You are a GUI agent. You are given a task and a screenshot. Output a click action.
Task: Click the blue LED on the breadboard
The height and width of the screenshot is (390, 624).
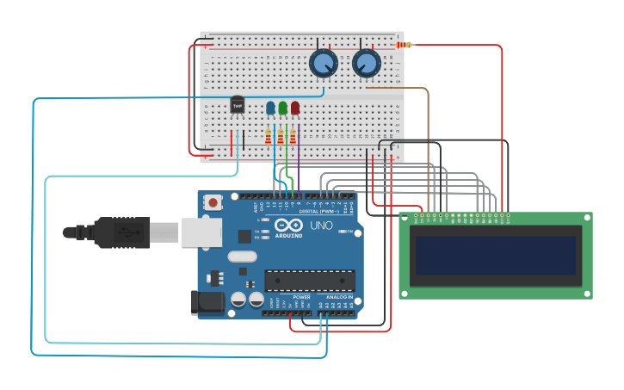[270, 108]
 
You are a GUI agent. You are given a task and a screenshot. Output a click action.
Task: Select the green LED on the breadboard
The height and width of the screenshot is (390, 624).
[282, 108]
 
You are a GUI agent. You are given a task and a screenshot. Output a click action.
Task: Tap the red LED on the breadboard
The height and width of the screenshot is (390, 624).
[295, 108]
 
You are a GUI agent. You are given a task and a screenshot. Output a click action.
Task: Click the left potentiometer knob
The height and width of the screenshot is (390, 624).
[323, 63]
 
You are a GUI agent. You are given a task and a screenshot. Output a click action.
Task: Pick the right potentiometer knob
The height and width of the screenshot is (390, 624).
[366, 63]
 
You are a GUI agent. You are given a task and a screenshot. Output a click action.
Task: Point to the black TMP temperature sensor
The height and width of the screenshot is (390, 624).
[238, 105]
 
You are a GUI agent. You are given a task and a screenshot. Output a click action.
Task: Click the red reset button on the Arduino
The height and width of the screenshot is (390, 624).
[213, 203]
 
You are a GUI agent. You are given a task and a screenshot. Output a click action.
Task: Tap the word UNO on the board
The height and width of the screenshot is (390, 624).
[321, 226]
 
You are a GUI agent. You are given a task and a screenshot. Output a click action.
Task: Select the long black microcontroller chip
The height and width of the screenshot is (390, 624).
[310, 281]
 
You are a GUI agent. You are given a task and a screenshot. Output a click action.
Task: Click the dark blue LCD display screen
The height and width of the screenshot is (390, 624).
[495, 256]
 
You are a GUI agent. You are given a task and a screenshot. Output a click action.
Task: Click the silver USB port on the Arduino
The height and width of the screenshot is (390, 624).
[201, 232]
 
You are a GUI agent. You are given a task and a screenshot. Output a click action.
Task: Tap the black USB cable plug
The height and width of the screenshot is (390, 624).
[120, 232]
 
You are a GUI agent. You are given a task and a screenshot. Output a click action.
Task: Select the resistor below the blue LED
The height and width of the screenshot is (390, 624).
[269, 137]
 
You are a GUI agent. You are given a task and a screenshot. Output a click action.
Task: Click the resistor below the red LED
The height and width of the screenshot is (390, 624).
[293, 137]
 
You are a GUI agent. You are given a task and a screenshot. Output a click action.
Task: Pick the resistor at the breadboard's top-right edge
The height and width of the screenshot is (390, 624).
[402, 45]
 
